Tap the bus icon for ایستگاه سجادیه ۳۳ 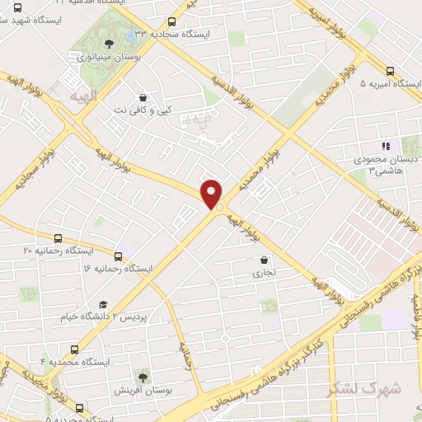[x=171, y=21]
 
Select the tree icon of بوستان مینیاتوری [x=109, y=42]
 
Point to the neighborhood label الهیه [x=84, y=96]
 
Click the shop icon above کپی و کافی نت [x=143, y=96]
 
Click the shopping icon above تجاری [x=262, y=260]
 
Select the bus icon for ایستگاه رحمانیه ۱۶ [x=118, y=256]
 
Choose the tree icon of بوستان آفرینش [x=145, y=375]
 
